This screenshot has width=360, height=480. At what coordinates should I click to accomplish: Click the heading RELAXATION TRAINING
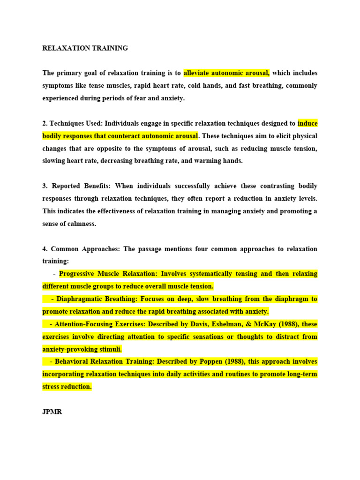click(85, 48)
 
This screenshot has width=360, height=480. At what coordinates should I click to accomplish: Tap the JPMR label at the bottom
click(52, 412)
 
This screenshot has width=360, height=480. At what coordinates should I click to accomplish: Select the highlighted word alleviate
click(197, 73)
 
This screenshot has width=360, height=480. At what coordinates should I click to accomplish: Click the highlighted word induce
click(307, 124)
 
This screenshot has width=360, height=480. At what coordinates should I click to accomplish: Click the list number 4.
click(45, 249)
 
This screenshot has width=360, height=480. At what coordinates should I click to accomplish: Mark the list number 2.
click(45, 124)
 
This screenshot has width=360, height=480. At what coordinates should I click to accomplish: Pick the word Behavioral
click(72, 362)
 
